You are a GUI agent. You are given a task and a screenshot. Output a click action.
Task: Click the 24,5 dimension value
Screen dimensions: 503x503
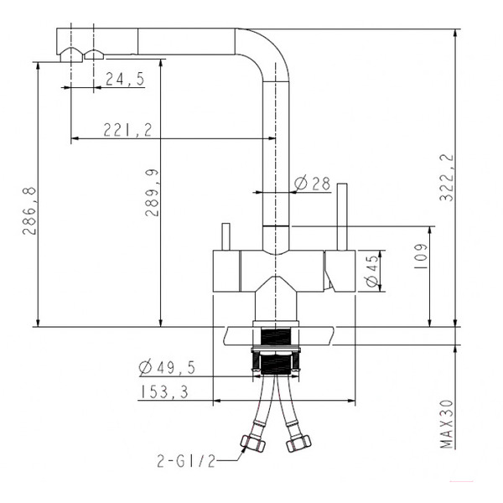coord(125,79)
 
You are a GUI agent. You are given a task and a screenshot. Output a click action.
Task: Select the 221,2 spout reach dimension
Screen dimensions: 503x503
coord(127,130)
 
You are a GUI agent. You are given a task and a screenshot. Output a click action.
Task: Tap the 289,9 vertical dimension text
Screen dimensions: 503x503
coord(152,193)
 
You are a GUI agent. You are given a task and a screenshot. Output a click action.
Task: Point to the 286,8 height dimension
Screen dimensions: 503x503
coord(29,210)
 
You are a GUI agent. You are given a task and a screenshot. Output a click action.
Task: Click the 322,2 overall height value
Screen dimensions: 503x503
coord(447,178)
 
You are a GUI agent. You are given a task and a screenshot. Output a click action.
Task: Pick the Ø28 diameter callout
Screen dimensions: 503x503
coord(313,183)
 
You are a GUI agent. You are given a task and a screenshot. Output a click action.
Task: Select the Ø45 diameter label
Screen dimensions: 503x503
coord(372,271)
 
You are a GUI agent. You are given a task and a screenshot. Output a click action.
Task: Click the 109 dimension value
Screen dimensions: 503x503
coord(421,257)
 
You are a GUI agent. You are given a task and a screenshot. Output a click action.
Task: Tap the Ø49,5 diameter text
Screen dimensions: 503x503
coord(167,367)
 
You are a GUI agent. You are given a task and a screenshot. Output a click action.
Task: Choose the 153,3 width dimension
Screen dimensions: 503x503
coord(164,392)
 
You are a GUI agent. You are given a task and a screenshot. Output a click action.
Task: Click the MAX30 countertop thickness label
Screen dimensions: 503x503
coord(447,424)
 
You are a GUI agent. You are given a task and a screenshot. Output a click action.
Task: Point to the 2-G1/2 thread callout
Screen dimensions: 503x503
coord(186,461)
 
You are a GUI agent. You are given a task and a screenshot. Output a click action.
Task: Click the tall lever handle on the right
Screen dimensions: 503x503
coord(342,217)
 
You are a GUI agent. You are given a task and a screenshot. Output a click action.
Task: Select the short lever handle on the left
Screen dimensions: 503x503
coord(226,236)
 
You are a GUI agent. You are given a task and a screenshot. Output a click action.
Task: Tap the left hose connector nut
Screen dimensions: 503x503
coord(253,443)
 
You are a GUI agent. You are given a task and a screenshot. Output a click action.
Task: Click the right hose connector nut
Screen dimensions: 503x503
coord(298,443)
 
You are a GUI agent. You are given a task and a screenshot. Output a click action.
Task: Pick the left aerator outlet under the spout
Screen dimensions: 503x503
coord(71,54)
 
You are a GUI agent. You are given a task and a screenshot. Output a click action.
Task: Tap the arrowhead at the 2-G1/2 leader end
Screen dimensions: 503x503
coord(245,449)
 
